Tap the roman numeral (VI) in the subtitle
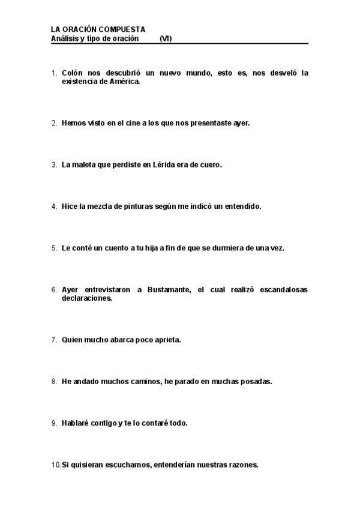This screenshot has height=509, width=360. [x=166, y=38]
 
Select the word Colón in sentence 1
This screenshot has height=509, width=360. [x=73, y=73]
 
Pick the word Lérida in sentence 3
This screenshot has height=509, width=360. [x=167, y=164]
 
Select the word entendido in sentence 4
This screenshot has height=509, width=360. [x=242, y=206]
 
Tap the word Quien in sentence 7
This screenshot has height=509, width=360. [x=72, y=339]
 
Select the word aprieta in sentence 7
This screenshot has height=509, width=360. [x=167, y=339]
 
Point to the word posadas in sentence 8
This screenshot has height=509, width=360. [x=257, y=381]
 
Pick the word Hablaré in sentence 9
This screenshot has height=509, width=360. [x=75, y=423]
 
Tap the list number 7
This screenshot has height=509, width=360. [x=54, y=339]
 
